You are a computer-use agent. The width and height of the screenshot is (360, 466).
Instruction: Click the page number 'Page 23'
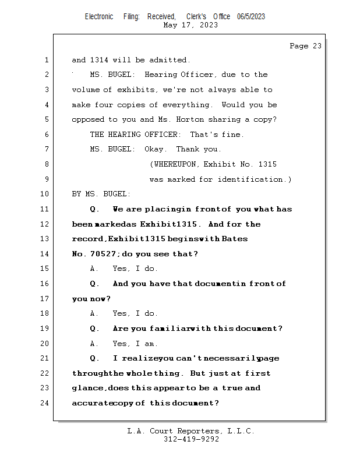click(x=305, y=46)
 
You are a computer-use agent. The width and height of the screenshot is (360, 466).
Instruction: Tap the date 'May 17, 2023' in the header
click(x=191, y=25)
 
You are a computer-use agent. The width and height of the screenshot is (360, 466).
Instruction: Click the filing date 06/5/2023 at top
click(x=251, y=16)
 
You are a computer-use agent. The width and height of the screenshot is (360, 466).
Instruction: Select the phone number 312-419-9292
click(x=191, y=439)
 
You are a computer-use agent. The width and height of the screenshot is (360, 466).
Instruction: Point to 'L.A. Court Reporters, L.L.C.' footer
click(x=190, y=431)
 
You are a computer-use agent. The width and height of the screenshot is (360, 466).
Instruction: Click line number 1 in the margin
click(x=45, y=60)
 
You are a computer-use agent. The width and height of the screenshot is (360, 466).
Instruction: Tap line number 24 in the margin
click(x=45, y=403)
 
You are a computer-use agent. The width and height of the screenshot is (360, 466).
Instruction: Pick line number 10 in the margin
click(x=45, y=194)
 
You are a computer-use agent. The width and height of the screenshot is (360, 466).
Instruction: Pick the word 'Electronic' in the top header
click(x=99, y=16)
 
